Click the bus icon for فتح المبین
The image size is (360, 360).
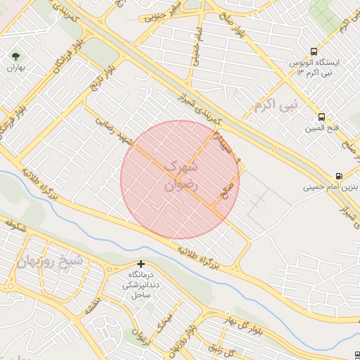(x=321, y=117)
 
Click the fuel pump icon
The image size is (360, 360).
(x=339, y=176)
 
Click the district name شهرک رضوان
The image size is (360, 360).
(x=181, y=176)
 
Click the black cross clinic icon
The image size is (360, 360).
(x=141, y=264)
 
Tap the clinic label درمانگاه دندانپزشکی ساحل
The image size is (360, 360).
(x=141, y=284)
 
